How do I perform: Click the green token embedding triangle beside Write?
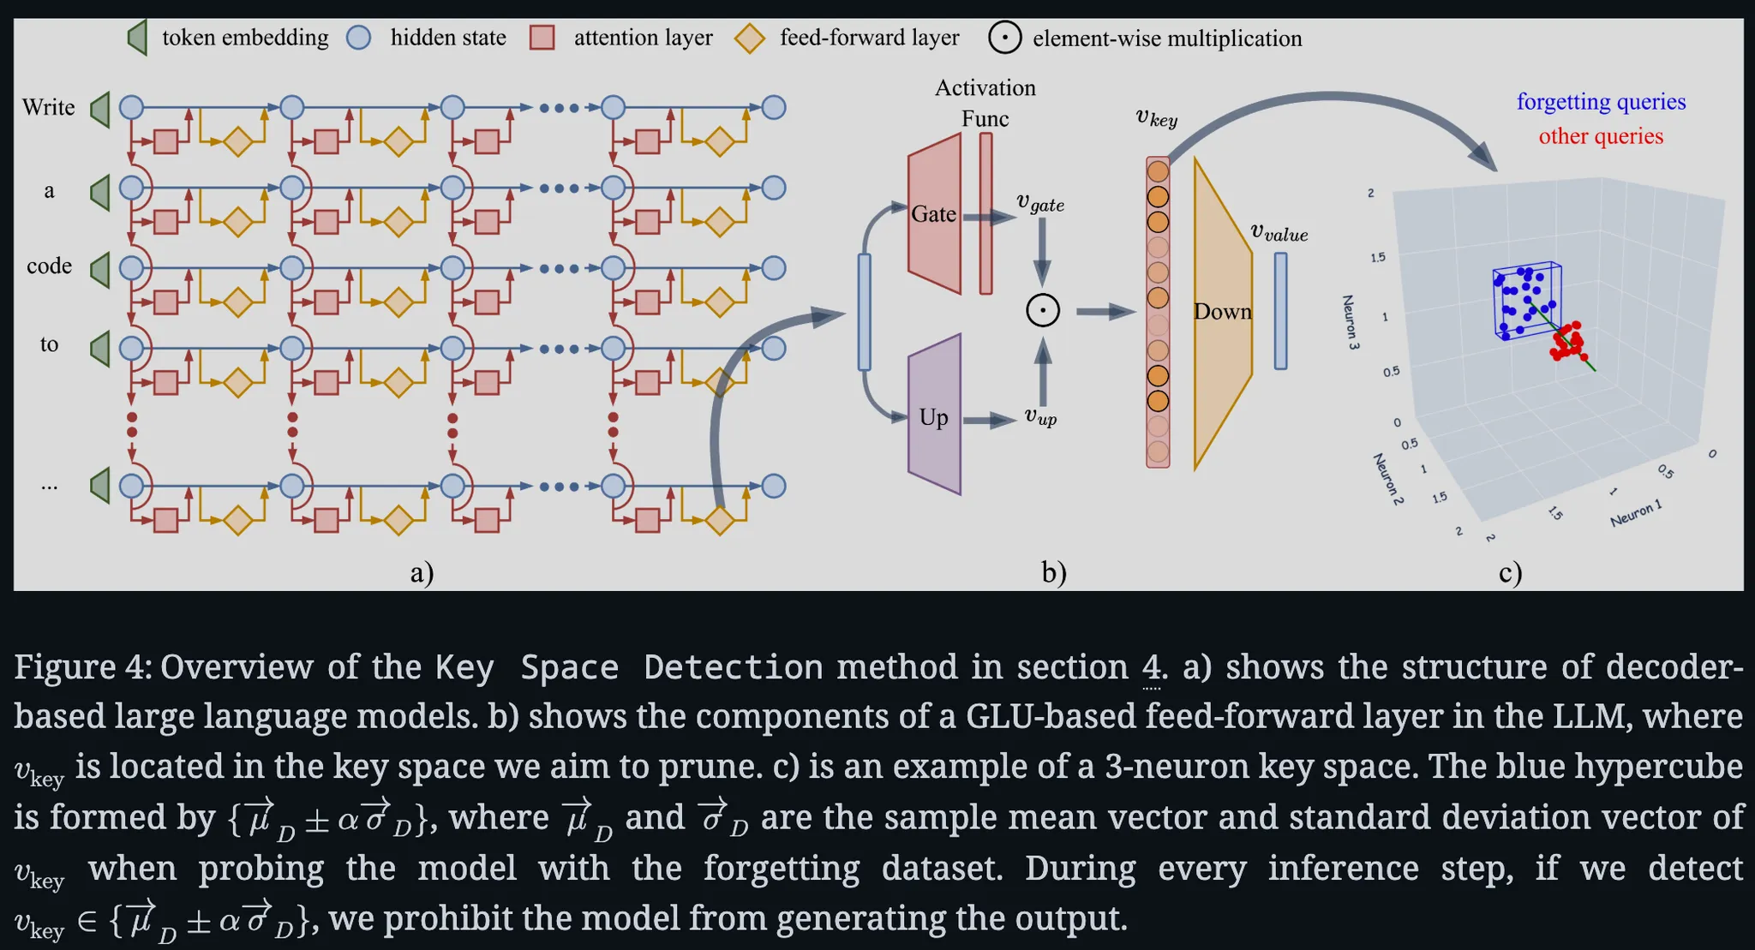coord(101,109)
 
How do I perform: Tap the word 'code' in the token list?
coord(49,266)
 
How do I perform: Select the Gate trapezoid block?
coord(933,214)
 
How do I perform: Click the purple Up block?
coord(934,416)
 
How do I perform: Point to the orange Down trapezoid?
coord(1222,312)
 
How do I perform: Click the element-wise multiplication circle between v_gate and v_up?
coord(1043,310)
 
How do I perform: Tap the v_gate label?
coord(1040,203)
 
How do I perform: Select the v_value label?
coord(1279,232)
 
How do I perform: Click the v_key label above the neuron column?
coord(1156,118)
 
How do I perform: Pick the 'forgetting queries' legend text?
coord(1601,102)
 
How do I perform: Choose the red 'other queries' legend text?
coord(1601,136)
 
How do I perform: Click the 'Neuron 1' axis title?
coord(1636,513)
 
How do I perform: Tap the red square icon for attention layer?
coord(542,38)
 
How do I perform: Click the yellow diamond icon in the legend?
coord(750,38)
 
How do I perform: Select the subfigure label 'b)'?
coord(1053,571)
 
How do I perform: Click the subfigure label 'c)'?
coord(1510,571)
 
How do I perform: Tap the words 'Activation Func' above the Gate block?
coord(985,103)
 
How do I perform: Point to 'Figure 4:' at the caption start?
coord(82,667)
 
